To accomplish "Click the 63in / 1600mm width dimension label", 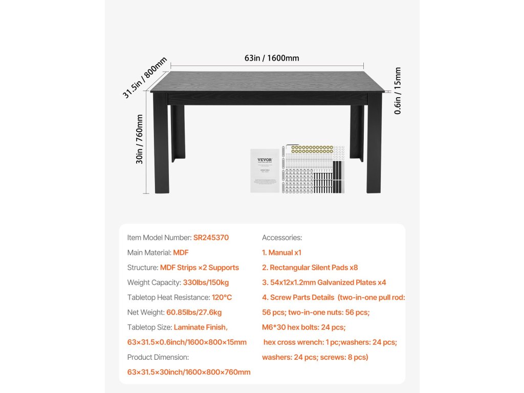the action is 272,58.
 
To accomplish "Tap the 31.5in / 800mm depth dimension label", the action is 145,78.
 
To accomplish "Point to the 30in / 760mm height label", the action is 140,139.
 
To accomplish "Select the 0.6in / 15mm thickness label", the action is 398,91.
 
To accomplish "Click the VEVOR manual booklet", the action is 265,170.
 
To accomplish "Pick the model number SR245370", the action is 211,237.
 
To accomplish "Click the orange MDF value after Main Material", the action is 181,252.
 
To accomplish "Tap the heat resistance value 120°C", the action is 222,297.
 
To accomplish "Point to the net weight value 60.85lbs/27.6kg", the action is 194,312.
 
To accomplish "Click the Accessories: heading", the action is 282,237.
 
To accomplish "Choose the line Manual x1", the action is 281,252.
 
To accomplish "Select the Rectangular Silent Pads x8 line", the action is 310,267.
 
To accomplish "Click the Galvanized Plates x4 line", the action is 324,282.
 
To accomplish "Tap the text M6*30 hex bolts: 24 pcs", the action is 303,327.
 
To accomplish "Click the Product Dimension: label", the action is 158,357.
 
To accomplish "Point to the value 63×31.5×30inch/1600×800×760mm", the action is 189,372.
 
